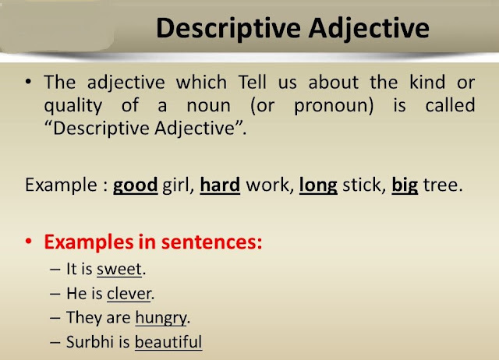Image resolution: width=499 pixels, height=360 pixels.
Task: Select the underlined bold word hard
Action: pyautogui.click(x=219, y=185)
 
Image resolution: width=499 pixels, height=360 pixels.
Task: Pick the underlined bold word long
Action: pyautogui.click(x=317, y=185)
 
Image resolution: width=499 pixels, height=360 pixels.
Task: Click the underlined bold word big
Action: pyautogui.click(x=405, y=185)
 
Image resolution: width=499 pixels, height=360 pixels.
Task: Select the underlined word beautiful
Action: pyautogui.click(x=168, y=341)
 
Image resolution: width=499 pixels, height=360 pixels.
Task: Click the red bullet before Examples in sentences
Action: pyautogui.click(x=30, y=242)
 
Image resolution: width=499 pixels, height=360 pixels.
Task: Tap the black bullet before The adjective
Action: pyautogui.click(x=30, y=83)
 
